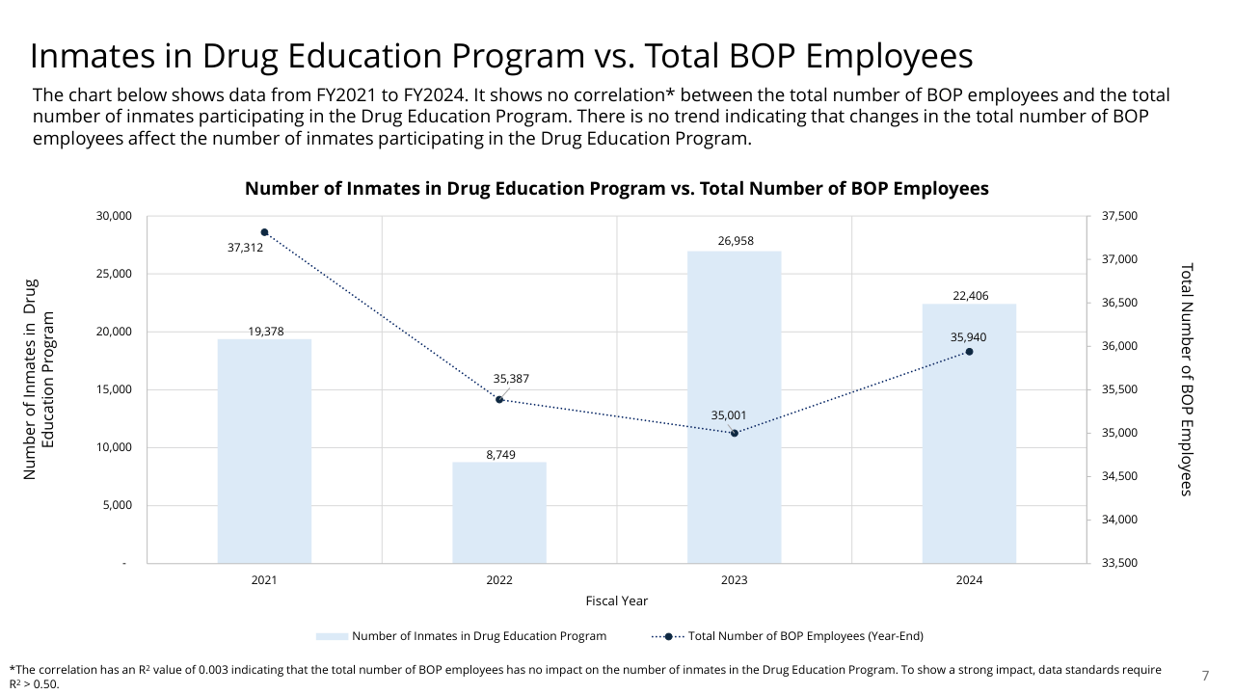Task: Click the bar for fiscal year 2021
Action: pyautogui.click(x=264, y=451)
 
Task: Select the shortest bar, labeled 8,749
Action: pyautogui.click(x=499, y=513)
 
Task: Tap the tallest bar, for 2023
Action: pyautogui.click(x=735, y=407)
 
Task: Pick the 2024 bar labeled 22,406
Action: pyautogui.click(x=969, y=434)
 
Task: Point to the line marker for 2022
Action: pyautogui.click(x=499, y=399)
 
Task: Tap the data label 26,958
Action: pyautogui.click(x=736, y=241)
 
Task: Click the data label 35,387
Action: pyautogui.click(x=511, y=379)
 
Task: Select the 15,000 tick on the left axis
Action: pyautogui.click(x=113, y=389)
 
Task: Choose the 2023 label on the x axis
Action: pyautogui.click(x=735, y=580)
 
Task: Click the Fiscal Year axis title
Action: pyautogui.click(x=617, y=601)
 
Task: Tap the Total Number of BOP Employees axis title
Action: pyautogui.click(x=1187, y=380)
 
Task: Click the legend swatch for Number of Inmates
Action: pyautogui.click(x=331, y=636)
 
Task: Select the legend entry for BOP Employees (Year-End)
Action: pyautogui.click(x=805, y=636)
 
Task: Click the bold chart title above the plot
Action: pyautogui.click(x=617, y=189)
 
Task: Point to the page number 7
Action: pyautogui.click(x=1205, y=675)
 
